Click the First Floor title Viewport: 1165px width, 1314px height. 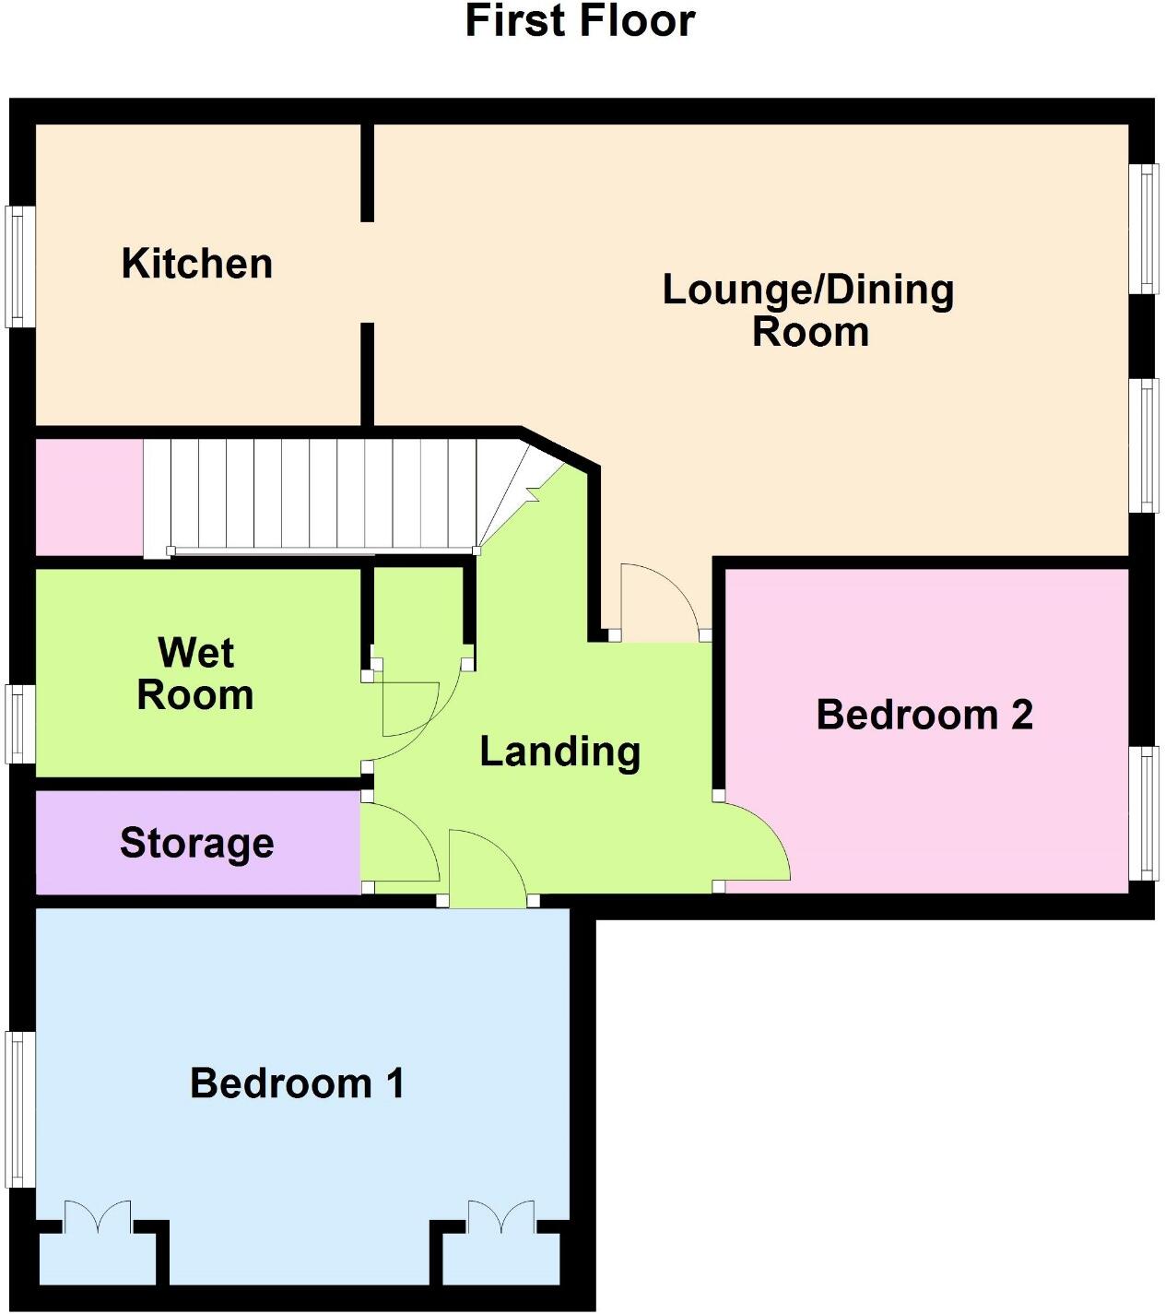[580, 21]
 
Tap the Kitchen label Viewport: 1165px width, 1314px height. [197, 264]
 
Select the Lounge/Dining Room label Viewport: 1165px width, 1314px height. [808, 311]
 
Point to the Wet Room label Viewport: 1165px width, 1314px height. [195, 674]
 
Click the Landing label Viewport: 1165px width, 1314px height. [559, 752]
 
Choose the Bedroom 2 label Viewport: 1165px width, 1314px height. [924, 715]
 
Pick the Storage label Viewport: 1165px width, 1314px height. [197, 843]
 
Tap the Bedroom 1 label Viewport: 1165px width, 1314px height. [297, 1083]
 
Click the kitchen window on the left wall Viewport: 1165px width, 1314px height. [21, 266]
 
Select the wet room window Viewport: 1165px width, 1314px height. [21, 724]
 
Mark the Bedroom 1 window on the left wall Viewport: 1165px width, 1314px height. [21, 1108]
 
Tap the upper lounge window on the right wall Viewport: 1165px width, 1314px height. [1144, 229]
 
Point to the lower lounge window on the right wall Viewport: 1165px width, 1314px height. [1144, 444]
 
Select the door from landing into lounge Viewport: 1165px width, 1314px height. [659, 599]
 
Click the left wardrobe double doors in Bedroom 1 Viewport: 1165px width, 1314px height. [97, 1217]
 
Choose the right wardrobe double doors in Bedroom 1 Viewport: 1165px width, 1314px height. [500, 1217]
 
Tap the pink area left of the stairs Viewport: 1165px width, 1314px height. [88, 498]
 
